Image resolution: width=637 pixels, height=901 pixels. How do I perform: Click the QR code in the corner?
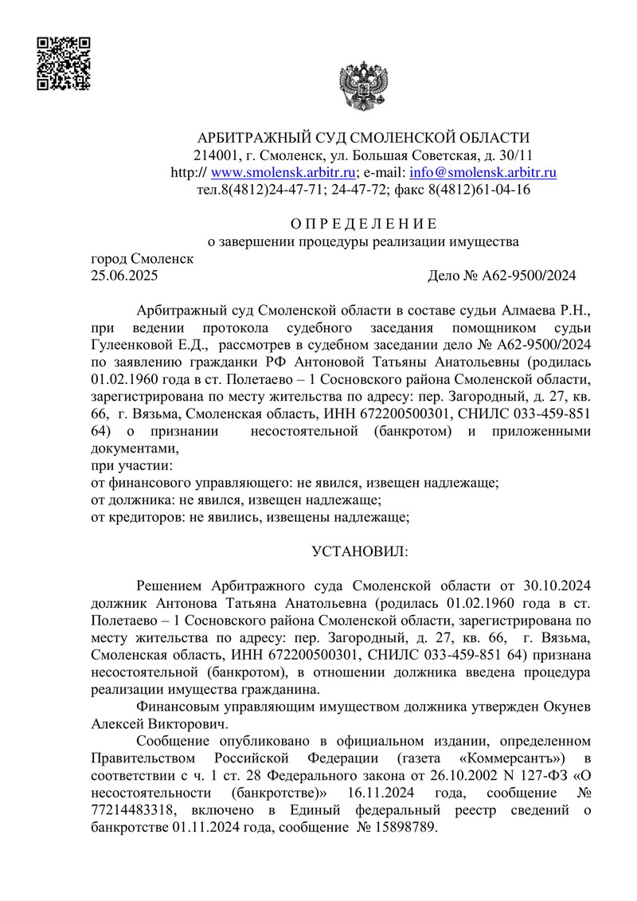click(64, 62)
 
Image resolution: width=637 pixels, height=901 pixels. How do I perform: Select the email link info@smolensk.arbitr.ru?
click(483, 172)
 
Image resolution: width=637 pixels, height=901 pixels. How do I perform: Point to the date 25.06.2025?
click(125, 276)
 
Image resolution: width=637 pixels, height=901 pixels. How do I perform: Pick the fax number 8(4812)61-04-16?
click(479, 190)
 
